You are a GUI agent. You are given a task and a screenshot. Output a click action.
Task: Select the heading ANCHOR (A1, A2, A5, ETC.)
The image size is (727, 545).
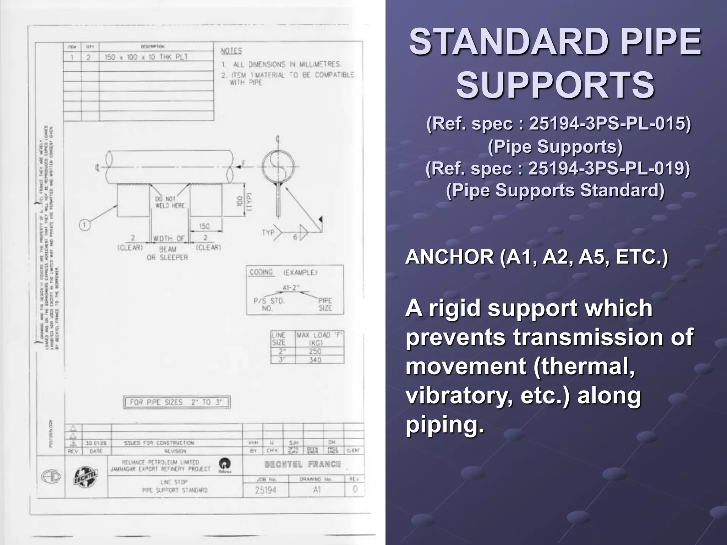tap(536, 257)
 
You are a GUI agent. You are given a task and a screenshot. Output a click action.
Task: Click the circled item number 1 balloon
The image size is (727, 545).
tap(84, 225)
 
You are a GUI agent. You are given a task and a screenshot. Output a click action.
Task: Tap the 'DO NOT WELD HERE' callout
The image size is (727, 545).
tap(170, 202)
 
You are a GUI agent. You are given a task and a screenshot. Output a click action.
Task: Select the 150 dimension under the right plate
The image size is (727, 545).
tap(204, 226)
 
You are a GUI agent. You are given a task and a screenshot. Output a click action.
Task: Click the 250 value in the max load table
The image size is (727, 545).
tap(315, 351)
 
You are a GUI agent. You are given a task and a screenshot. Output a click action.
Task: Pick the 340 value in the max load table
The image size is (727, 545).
tap(315, 359)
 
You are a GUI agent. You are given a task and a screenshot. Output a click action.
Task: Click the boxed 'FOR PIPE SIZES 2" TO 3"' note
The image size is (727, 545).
tap(176, 402)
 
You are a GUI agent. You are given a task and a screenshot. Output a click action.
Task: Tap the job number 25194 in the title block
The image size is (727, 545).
tap(266, 490)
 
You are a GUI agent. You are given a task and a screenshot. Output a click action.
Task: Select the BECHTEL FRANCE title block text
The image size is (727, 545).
tap(302, 464)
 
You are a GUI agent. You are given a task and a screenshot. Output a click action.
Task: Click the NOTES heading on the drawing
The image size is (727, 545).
tap(231, 51)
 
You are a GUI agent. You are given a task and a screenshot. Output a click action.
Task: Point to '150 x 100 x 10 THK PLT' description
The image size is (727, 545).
tap(146, 57)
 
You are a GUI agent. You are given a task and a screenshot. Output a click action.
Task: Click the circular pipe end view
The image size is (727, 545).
tap(278, 167)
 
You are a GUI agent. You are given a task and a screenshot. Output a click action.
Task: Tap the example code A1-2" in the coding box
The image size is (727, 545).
tap(291, 287)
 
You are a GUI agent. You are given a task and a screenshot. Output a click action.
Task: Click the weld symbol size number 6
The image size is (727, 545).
tap(295, 237)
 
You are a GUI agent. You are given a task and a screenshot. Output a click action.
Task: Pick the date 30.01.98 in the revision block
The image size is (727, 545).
tap(96, 443)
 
